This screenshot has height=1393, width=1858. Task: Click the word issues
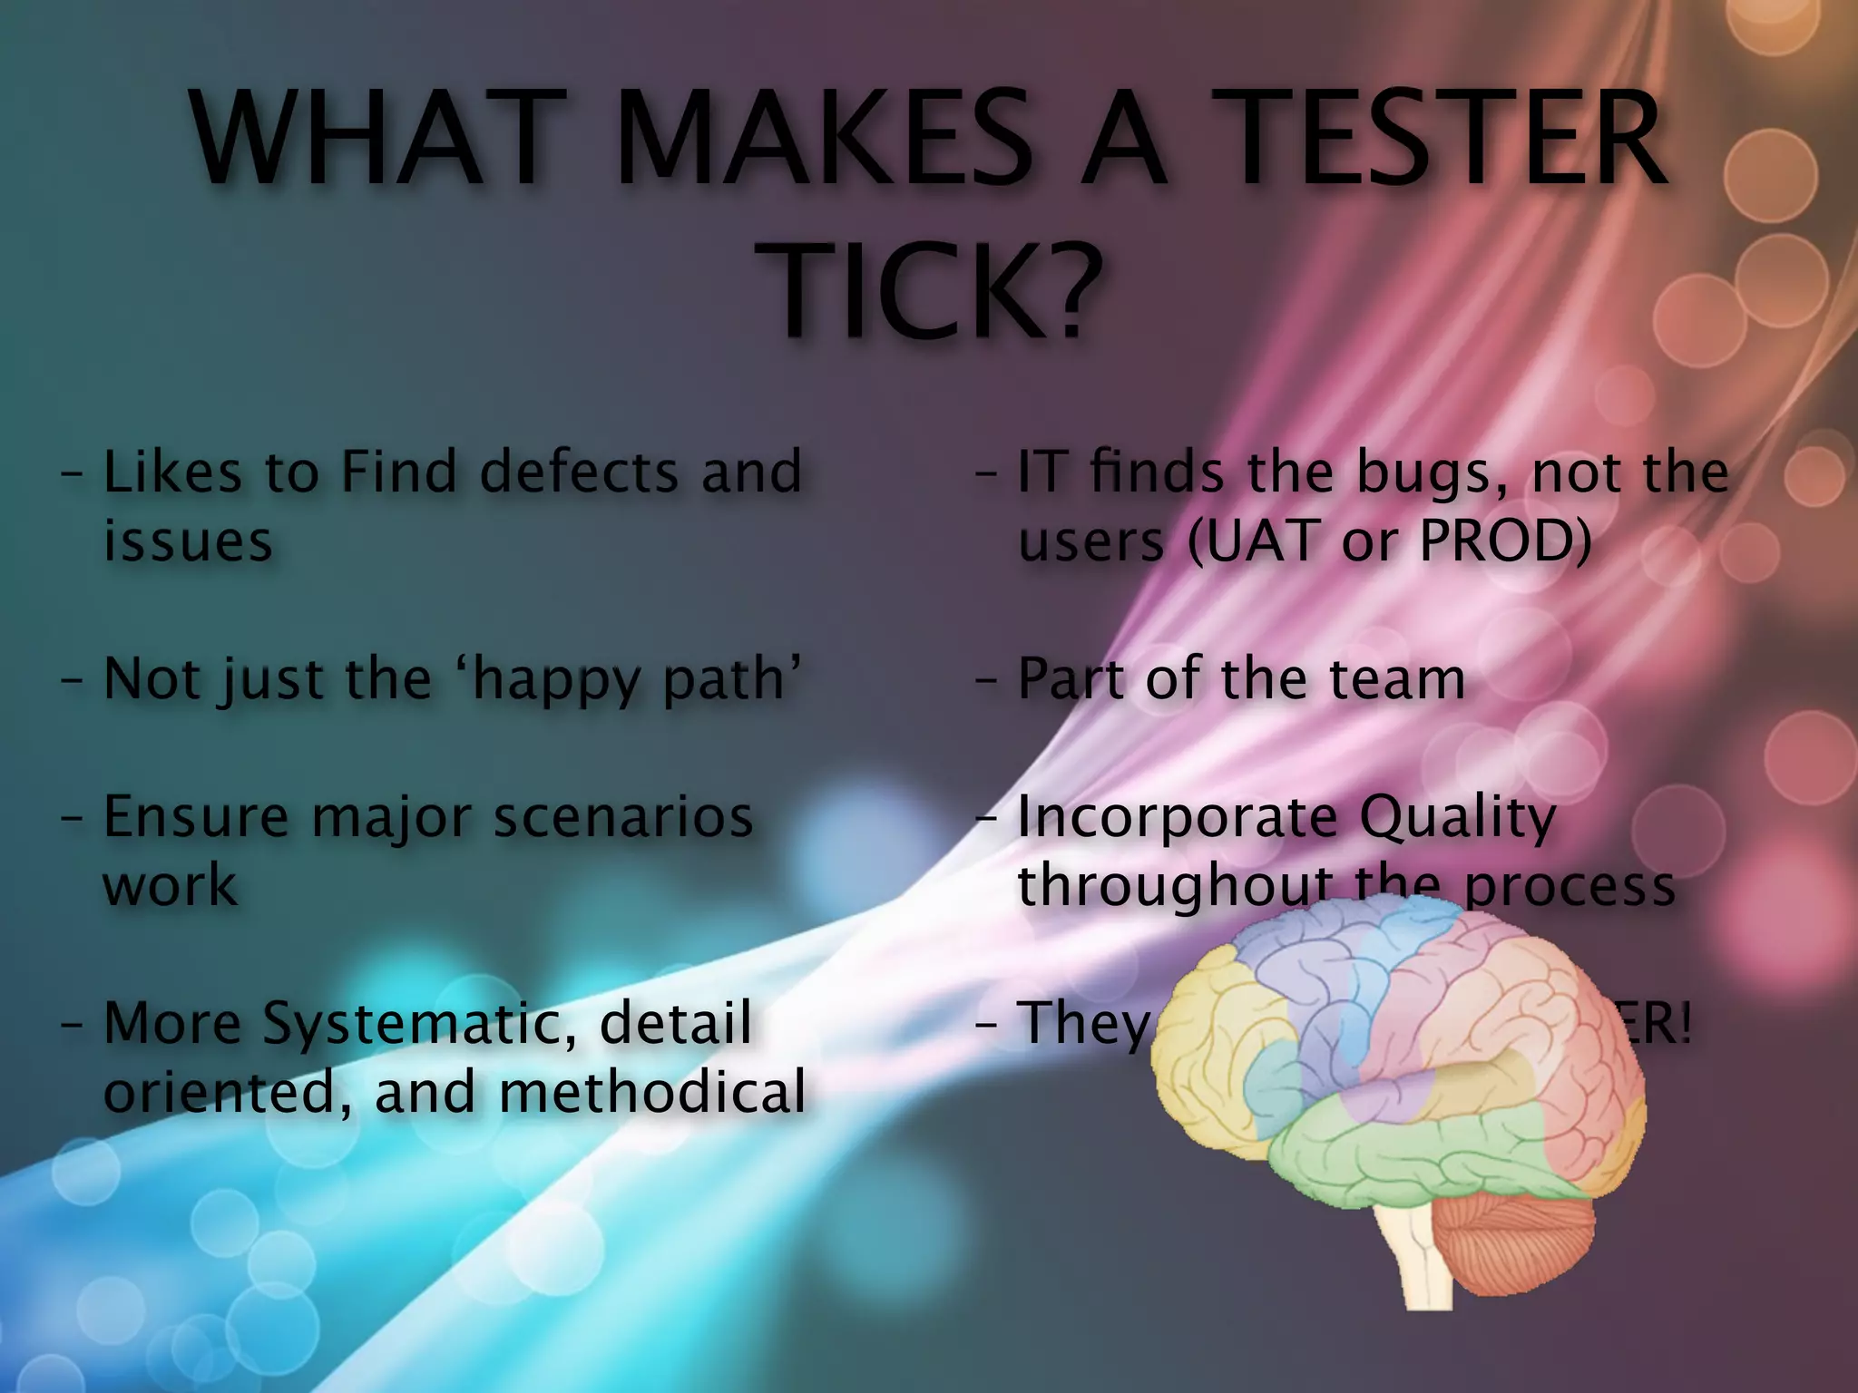coord(188,541)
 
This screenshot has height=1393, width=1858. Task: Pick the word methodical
coord(652,1091)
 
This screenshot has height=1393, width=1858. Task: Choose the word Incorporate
coord(1178,818)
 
